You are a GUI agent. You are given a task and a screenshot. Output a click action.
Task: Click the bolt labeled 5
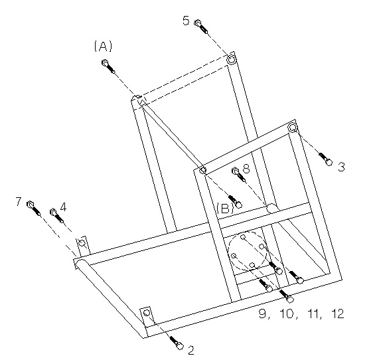(x=201, y=27)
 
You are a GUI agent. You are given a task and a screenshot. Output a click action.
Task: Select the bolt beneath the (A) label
(x=108, y=66)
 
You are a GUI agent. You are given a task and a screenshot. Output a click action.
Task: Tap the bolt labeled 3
(x=325, y=159)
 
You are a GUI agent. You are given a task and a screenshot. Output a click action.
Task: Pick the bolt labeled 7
(x=34, y=208)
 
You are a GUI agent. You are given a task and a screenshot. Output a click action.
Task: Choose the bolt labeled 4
(x=56, y=215)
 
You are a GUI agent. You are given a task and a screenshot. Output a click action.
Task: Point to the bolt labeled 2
(x=177, y=343)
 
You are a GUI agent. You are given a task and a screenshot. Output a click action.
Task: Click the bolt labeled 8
(x=239, y=175)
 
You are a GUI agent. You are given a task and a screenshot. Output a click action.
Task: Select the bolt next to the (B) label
(x=235, y=201)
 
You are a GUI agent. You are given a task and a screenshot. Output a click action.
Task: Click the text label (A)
(x=103, y=46)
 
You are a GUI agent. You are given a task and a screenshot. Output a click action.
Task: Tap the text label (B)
(x=225, y=208)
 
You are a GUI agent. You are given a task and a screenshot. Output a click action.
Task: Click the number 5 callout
(x=186, y=21)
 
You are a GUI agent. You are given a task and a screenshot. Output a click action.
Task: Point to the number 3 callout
(x=341, y=167)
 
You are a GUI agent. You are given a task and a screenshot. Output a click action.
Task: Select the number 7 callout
(x=19, y=201)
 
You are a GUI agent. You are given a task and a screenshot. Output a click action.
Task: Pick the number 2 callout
(x=191, y=350)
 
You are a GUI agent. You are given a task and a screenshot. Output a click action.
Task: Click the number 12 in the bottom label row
(x=337, y=314)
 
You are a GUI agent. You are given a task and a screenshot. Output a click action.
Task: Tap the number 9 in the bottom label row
(x=262, y=314)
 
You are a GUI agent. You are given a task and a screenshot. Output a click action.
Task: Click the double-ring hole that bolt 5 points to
(x=231, y=59)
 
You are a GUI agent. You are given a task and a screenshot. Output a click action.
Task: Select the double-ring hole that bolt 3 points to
(x=293, y=128)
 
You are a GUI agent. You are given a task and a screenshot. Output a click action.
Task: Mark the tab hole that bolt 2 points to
(x=147, y=313)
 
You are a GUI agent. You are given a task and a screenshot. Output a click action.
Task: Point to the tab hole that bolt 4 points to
(x=82, y=242)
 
